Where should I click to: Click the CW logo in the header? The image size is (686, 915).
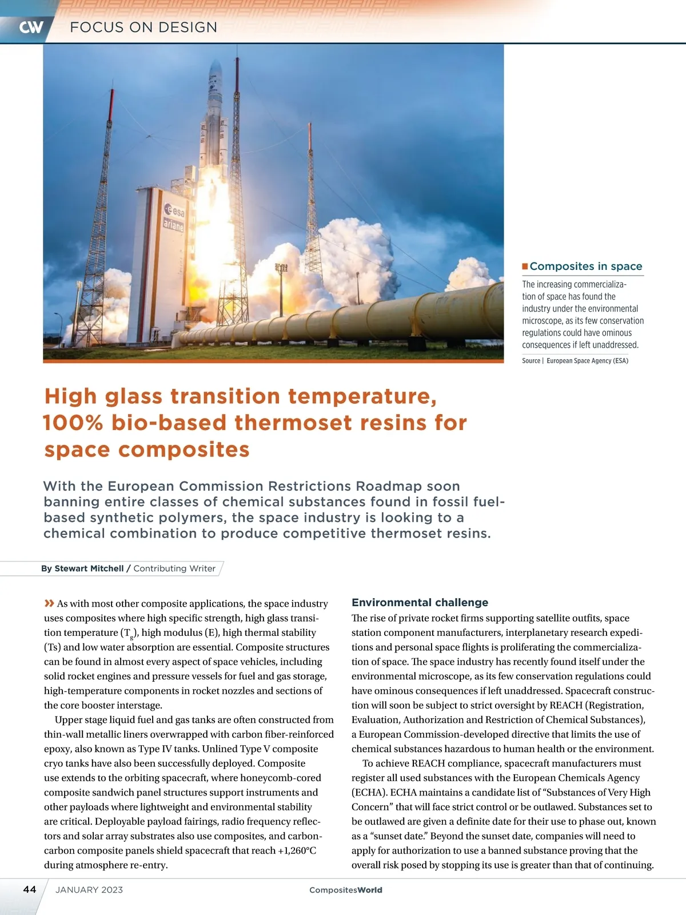[x=31, y=27]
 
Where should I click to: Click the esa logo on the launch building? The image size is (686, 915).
[x=175, y=210]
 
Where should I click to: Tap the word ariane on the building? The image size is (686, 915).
[x=174, y=225]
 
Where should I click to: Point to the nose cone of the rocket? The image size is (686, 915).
[x=215, y=71]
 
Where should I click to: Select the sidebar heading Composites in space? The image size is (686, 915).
[x=585, y=266]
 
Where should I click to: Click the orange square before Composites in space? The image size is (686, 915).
[x=525, y=266]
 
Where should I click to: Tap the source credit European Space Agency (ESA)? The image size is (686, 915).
[x=587, y=361]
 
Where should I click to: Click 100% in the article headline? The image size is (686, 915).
[x=73, y=423]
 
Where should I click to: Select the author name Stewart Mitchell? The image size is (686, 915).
[x=89, y=568]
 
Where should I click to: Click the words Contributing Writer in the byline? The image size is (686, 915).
[x=174, y=568]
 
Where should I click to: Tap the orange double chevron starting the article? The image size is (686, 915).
[x=49, y=603]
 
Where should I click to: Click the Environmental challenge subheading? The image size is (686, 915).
[x=420, y=602]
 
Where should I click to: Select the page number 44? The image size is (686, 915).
[x=30, y=889]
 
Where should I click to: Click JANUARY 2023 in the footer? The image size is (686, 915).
[x=89, y=890]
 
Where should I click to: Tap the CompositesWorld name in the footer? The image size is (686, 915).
[x=345, y=890]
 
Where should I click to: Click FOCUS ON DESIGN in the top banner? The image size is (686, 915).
[x=143, y=27]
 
